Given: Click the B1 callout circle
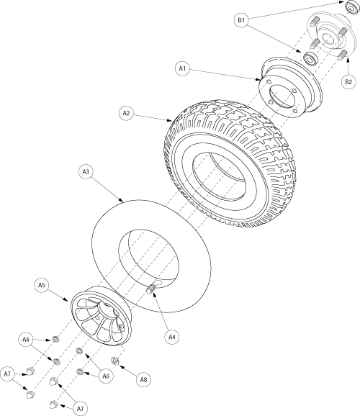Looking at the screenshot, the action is coord(241,20).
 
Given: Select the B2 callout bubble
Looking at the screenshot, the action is coord(348,82).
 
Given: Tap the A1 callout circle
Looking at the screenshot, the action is coord(182,68).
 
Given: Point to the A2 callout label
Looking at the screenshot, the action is coord(126,113).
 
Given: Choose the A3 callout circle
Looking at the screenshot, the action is coord(86,172).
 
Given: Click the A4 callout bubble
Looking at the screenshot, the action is coord(172,338).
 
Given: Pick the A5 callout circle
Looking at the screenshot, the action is coord(42,286).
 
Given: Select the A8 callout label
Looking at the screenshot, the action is coord(143,379).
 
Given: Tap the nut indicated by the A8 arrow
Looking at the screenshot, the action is coord(114,361).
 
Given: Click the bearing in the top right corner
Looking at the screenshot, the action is coord(351,7).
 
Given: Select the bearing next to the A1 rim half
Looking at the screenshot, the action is coord(310,58).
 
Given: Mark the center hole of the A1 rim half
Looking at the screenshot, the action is coord(282,97).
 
